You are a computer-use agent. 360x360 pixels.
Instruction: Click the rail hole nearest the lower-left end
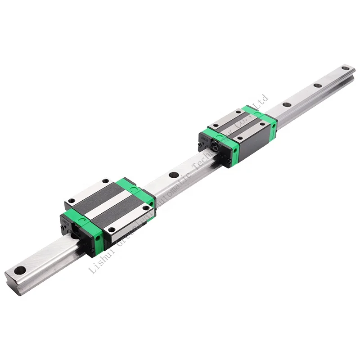19,270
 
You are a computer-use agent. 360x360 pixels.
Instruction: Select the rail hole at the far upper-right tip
345,68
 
